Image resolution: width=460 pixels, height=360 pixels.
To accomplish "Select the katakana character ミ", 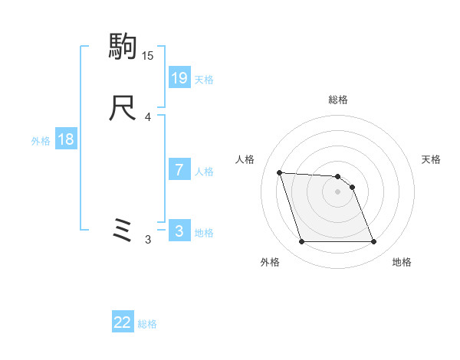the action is coord(123,230).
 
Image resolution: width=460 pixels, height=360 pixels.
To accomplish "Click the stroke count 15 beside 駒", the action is coord(147,56).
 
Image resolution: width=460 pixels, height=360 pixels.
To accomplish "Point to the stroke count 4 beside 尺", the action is coord(147,117).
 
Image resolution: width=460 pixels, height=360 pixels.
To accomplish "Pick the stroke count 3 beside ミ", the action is coord(147,240).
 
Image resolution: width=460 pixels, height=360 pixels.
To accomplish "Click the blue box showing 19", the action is coord(179,77).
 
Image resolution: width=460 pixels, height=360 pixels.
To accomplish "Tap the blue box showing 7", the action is coord(179,171).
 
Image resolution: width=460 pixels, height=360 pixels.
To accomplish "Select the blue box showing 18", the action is coord(65,139).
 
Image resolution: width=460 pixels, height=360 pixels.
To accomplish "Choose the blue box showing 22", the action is coord(123,323).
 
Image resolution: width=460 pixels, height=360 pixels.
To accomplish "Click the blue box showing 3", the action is coord(179,231).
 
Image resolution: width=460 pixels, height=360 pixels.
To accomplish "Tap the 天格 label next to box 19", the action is coord(203,79).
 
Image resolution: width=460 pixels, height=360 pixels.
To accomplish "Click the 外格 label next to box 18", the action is coord(41,141).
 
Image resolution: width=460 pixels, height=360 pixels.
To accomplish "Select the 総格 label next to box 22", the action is coord(147,325).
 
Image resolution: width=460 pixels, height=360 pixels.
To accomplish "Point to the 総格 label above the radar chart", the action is coord(337,100).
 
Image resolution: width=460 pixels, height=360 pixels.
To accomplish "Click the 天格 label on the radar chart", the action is coord(432,159).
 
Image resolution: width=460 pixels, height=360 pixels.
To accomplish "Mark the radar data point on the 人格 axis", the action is coord(280,172).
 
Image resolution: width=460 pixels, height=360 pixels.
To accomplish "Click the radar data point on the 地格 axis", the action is coord(373,242).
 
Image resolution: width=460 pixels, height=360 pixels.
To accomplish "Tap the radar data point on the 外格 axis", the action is coord(301,242).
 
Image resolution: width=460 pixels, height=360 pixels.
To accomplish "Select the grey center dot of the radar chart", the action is coord(337,191).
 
